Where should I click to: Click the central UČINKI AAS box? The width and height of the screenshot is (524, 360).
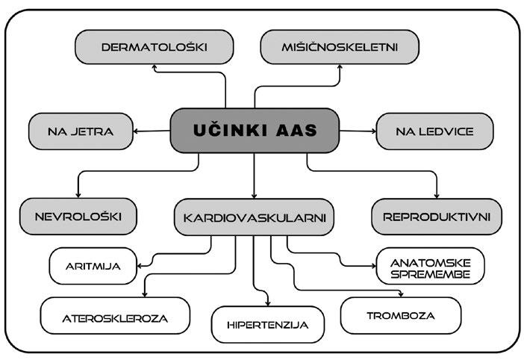(255, 131)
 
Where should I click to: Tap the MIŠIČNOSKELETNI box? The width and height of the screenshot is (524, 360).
(339, 48)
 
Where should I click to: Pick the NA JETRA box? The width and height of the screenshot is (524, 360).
(80, 131)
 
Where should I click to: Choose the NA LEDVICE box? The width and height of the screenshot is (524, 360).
(434, 131)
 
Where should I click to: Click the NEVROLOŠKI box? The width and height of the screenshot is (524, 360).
(80, 217)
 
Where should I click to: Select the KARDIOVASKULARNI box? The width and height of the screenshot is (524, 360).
(255, 219)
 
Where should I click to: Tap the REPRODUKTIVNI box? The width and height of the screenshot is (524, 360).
(436, 217)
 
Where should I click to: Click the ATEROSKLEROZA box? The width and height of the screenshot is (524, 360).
(105, 318)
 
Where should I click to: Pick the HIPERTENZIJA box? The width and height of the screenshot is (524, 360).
(266, 326)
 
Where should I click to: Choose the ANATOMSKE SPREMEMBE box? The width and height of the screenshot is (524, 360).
(431, 267)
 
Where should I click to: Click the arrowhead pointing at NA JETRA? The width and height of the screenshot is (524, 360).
(136, 131)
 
